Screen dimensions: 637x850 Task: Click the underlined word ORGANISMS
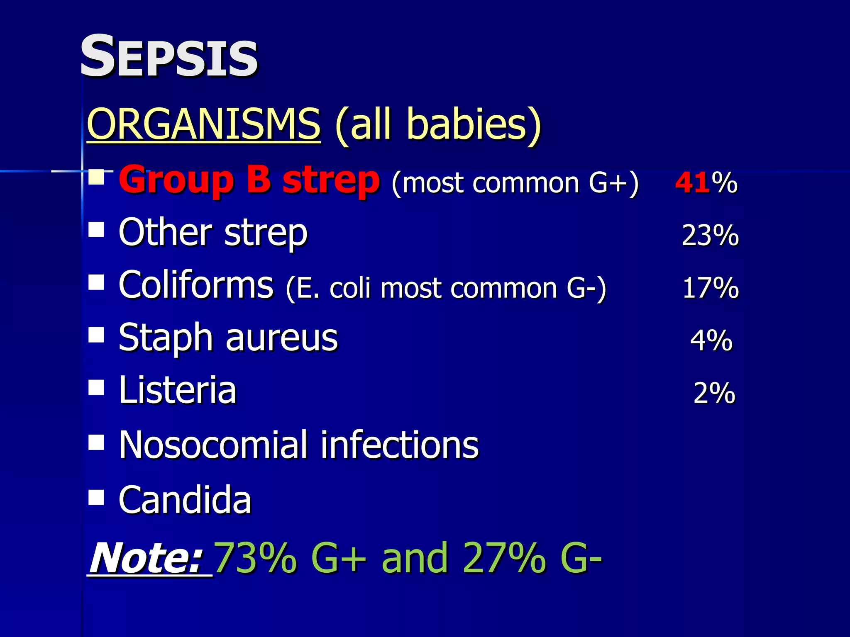[x=203, y=124]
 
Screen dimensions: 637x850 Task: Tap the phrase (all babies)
[x=438, y=124]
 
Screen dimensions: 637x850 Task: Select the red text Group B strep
[x=249, y=181]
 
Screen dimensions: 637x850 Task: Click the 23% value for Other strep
[x=710, y=235]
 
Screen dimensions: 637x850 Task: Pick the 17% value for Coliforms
[x=710, y=288]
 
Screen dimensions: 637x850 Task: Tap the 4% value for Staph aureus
[x=711, y=340]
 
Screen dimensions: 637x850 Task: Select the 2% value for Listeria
[x=714, y=393]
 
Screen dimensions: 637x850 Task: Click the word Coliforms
[x=196, y=285]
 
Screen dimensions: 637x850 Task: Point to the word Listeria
[x=178, y=390]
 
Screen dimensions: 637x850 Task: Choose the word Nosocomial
[x=213, y=445]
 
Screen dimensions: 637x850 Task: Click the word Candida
[x=185, y=500]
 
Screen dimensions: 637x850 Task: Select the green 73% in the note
[x=256, y=558]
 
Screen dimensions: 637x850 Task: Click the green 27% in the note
[x=504, y=558]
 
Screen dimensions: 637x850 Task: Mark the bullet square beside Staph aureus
[x=96, y=335]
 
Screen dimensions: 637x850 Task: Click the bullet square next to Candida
[x=96, y=497]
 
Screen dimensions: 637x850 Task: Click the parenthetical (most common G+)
[x=515, y=183]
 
